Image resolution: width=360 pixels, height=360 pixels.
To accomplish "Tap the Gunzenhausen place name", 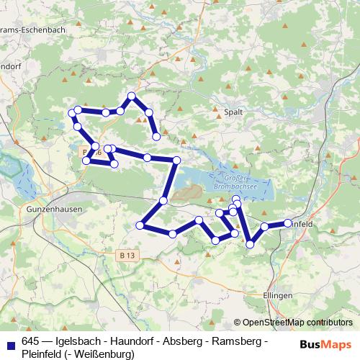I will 54,209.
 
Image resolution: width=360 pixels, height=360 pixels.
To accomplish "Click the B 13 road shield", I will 127,255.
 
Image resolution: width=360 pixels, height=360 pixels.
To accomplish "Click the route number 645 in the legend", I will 31,341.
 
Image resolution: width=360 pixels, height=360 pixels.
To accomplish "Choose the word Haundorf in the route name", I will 136,341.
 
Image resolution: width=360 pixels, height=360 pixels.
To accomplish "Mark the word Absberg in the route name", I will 189,341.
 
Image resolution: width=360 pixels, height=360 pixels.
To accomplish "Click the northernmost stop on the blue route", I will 132,96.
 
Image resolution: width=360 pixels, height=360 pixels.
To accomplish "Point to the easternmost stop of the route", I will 288,223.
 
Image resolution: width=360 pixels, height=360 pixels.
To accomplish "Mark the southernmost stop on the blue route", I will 250,245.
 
